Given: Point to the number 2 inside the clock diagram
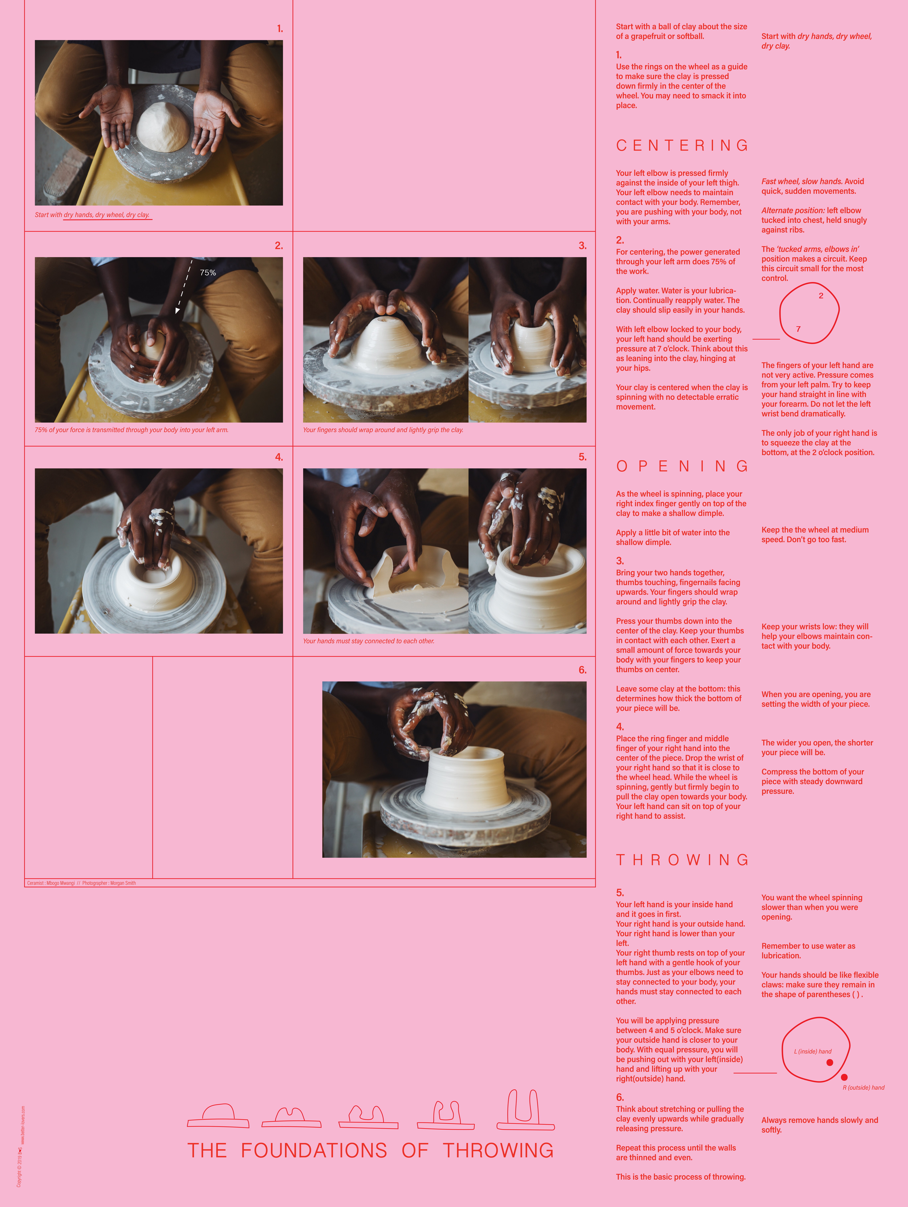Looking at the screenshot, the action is tap(821, 296).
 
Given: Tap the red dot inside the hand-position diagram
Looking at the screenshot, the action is tap(829, 1062).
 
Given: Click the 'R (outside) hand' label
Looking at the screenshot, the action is tap(863, 1088).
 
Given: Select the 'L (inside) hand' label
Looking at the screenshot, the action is tap(813, 1052).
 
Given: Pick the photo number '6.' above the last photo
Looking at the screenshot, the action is tap(582, 670).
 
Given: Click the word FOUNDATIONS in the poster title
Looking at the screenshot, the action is tap(314, 1150).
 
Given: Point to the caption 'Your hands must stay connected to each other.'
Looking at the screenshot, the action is tap(369, 641).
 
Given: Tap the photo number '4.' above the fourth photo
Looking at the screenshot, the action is tap(279, 457).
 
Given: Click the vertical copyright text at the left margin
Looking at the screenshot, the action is tap(21, 1146).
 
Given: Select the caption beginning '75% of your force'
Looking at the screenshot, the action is tap(131, 430).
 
